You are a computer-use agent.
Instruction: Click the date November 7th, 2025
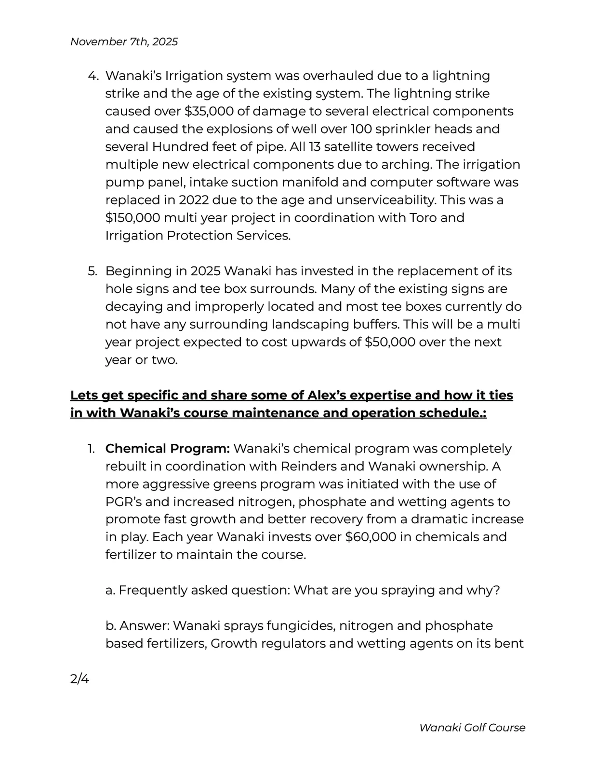(124, 42)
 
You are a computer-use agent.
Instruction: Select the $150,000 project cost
(133, 218)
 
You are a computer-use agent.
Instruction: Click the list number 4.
(93, 76)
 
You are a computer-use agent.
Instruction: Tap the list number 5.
(93, 271)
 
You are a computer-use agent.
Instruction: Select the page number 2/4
(79, 679)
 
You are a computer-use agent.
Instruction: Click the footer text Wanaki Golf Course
(472, 728)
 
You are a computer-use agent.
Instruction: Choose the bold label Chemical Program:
(167, 449)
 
